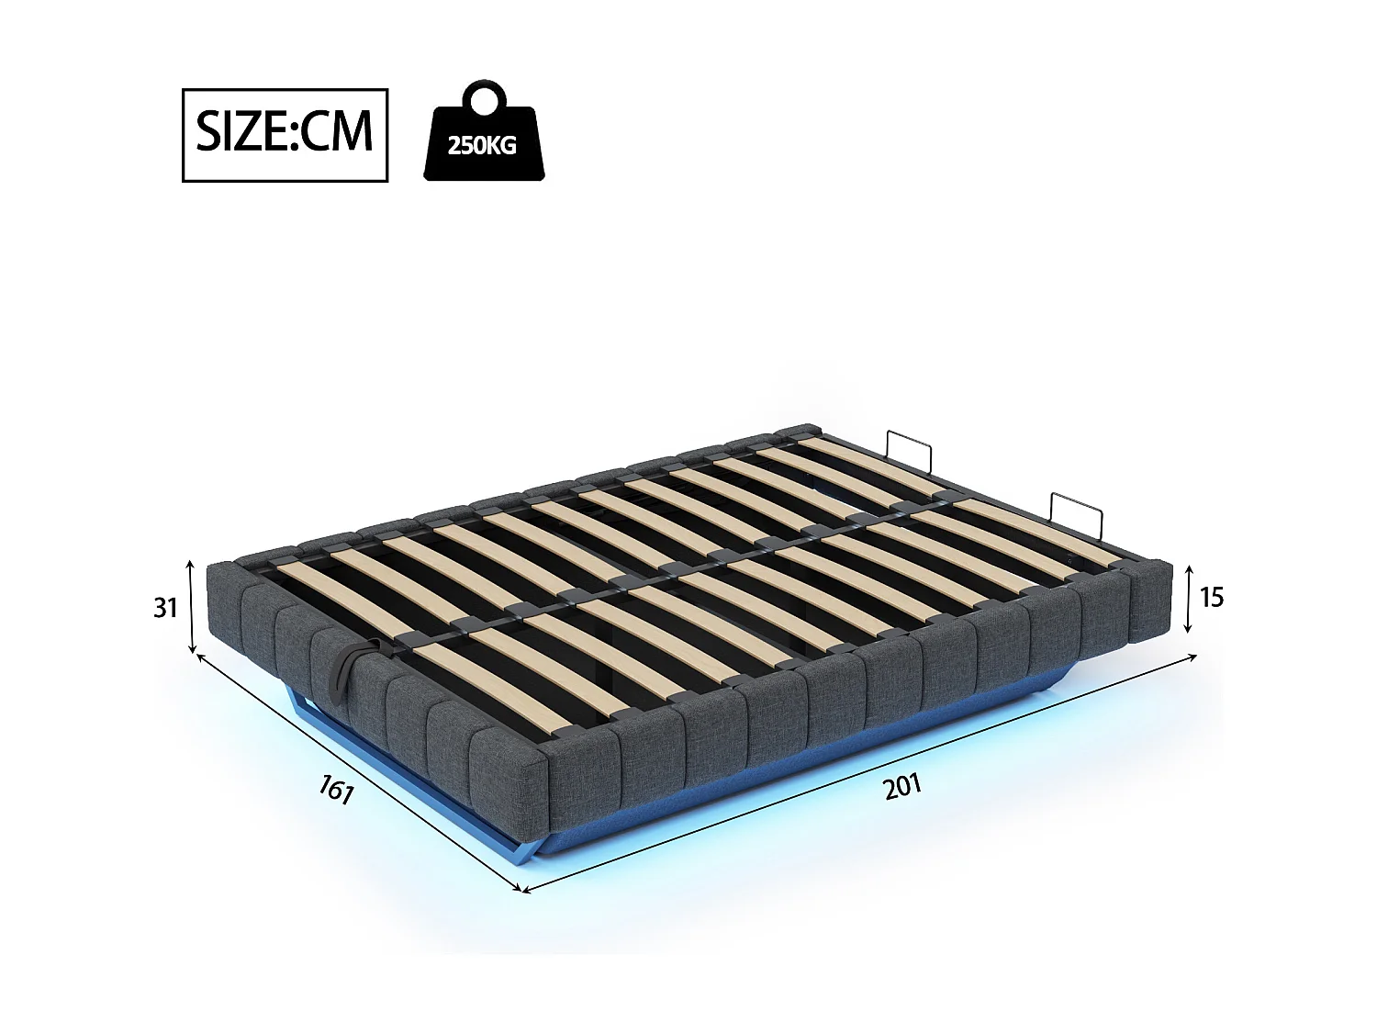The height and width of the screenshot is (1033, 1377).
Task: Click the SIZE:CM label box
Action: pos(285,135)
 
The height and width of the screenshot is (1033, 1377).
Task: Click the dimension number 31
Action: pos(165,607)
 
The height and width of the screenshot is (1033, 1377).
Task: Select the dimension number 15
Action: pos(1212,597)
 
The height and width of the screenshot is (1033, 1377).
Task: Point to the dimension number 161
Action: pos(336,789)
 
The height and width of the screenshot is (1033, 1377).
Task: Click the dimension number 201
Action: pos(902,787)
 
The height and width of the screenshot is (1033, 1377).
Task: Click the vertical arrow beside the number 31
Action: pos(191,606)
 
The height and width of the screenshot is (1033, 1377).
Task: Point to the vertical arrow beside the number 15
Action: pos(1188,599)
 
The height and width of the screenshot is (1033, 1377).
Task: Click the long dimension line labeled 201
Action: pos(858,772)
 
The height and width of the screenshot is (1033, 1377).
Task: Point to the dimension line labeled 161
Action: pos(358,771)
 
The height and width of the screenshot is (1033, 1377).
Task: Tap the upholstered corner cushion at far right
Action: pos(1151,601)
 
